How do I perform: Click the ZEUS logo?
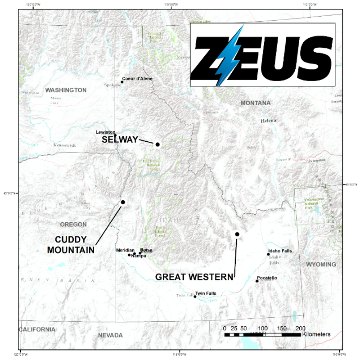263,54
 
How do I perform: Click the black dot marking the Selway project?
157,144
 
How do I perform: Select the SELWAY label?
120,140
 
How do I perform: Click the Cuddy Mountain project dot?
123,202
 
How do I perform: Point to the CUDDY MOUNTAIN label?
71,244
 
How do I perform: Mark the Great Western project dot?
237,234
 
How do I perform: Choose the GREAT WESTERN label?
194,277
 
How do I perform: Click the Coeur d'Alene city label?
138,79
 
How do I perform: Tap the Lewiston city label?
106,132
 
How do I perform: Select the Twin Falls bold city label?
206,293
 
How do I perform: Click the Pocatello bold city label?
267,278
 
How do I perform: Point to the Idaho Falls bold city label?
280,251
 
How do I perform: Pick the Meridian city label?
125,250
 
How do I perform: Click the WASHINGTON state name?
66,90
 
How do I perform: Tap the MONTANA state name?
256,103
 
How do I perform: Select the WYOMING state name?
321,264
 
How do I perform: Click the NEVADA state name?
110,335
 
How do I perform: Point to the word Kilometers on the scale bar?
317,334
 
